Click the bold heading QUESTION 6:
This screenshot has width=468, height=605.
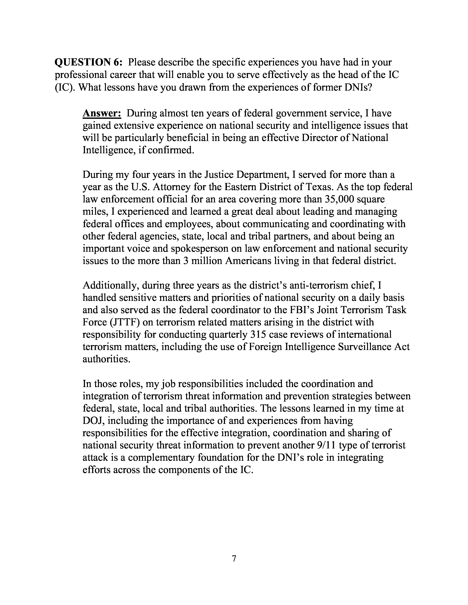click(x=88, y=62)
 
